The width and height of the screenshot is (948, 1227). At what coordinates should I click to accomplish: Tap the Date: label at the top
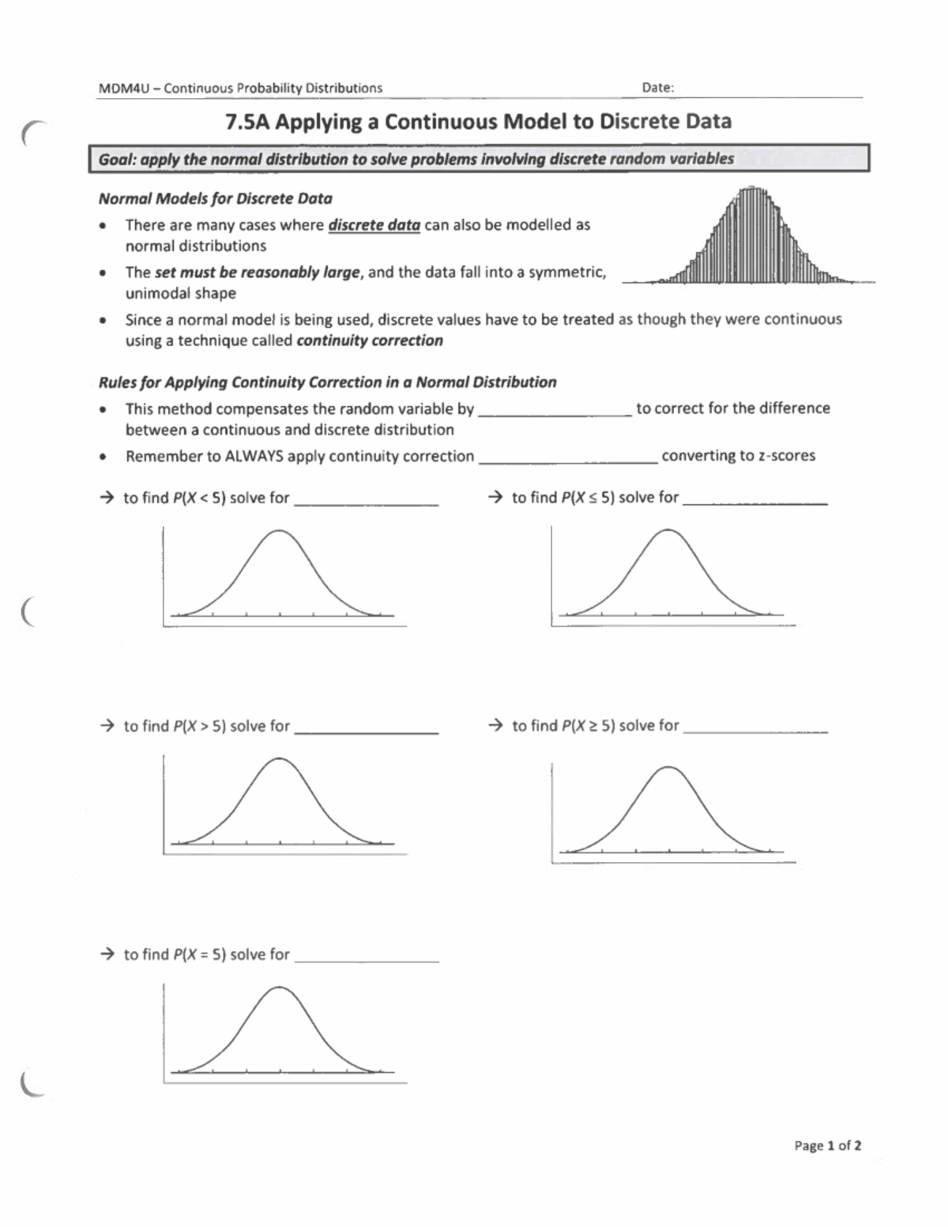[x=657, y=88]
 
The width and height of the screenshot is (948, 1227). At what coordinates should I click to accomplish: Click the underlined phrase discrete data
[x=374, y=225]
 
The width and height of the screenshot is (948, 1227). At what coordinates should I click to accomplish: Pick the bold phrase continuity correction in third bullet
[x=369, y=341]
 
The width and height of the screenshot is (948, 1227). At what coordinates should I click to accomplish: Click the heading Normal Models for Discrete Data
[x=215, y=199]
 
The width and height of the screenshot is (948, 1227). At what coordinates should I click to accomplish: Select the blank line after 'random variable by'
[x=555, y=410]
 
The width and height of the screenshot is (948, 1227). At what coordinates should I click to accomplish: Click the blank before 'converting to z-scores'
[x=567, y=457]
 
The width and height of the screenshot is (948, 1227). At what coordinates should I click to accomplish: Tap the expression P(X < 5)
[x=199, y=499]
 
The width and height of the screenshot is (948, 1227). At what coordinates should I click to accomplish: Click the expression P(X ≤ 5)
[x=588, y=498]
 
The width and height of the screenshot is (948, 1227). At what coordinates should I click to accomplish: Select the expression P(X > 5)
[x=199, y=726]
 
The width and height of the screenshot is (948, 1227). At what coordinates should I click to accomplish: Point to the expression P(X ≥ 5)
[x=588, y=726]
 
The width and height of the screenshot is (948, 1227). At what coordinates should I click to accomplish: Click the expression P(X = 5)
[x=199, y=954]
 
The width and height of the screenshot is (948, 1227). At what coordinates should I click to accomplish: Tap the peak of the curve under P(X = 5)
[x=279, y=988]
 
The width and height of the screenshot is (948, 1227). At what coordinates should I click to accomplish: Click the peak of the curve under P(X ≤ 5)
[x=668, y=530]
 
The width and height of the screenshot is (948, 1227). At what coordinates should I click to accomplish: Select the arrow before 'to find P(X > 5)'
[x=107, y=726]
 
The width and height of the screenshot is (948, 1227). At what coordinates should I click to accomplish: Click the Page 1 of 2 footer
[x=827, y=1146]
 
